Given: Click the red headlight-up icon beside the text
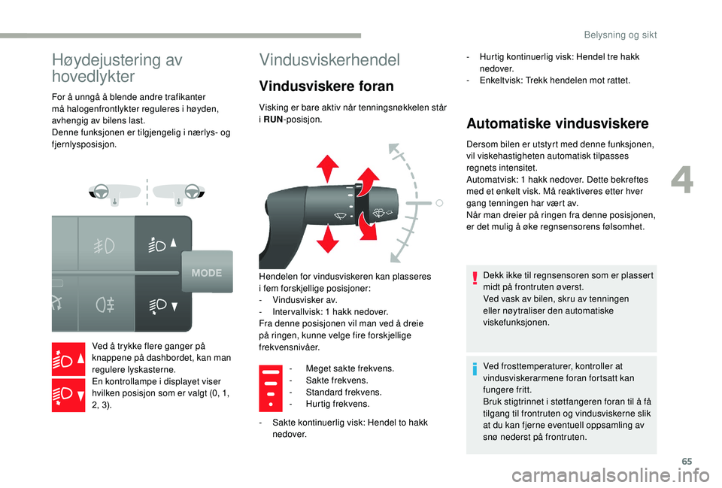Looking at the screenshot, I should tap(68, 359).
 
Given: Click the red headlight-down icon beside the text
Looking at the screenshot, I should tap(68, 394).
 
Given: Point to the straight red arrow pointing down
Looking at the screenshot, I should tap(329, 241).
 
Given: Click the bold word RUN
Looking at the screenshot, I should tap(273, 119).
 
